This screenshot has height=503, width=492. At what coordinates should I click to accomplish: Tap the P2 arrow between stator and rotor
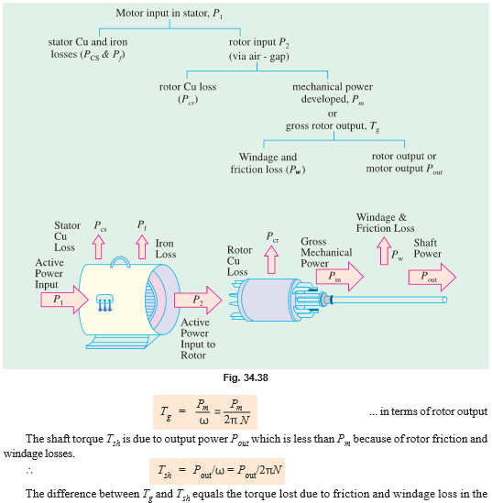[197, 299]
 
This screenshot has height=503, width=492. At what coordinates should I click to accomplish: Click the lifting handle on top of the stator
[116, 262]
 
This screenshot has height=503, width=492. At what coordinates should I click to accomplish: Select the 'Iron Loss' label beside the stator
[164, 250]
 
